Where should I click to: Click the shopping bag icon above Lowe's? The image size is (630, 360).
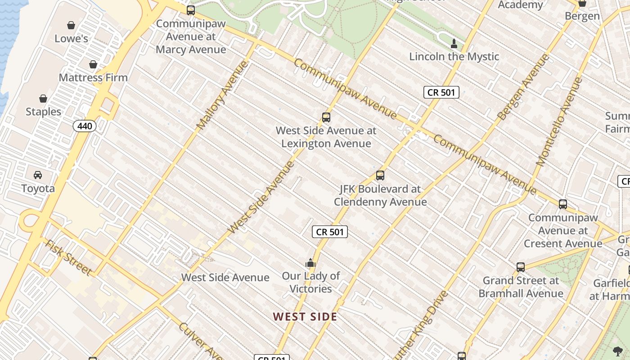point(71,25)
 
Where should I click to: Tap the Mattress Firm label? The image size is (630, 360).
point(93,77)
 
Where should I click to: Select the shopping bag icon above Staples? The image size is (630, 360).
point(43,99)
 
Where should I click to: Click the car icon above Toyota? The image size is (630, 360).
point(38,175)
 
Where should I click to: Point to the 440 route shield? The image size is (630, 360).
point(85,126)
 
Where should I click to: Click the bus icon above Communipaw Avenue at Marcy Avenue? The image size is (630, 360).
point(191,10)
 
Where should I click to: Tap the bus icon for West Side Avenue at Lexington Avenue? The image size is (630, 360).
point(326,117)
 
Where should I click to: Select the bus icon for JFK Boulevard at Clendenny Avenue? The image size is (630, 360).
point(380,175)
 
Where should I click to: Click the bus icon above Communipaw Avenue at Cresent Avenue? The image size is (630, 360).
point(563,204)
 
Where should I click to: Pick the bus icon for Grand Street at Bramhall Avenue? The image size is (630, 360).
point(521,267)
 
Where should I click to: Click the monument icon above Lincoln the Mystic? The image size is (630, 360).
point(454,44)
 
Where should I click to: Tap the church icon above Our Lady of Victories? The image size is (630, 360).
point(310,263)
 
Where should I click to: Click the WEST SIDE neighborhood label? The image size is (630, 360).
point(305,317)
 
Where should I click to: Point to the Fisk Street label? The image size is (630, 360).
point(69,257)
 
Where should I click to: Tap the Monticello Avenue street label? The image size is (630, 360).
point(559,121)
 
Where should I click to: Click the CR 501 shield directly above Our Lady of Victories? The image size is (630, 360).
point(330,232)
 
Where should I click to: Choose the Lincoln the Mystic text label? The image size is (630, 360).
point(454,57)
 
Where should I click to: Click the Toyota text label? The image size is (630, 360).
point(38,188)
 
